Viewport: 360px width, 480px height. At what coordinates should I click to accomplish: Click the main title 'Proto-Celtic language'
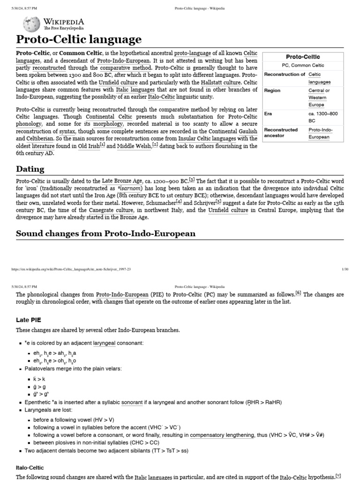click(79, 39)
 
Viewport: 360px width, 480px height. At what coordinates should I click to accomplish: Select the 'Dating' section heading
click(30, 169)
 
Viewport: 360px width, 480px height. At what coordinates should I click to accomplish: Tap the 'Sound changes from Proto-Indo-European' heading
click(105, 233)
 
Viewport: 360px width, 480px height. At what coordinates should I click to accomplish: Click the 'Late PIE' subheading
click(29, 319)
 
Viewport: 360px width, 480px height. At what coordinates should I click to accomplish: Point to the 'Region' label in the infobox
click(272, 90)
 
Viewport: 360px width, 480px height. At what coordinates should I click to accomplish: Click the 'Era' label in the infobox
click(268, 113)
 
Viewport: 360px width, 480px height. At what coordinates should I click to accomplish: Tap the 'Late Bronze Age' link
click(122, 181)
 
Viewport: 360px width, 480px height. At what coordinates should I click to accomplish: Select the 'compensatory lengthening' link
click(223, 435)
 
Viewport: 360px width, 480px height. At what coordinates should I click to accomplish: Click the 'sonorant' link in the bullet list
click(133, 402)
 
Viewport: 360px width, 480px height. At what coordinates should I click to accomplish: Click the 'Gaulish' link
click(247, 131)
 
